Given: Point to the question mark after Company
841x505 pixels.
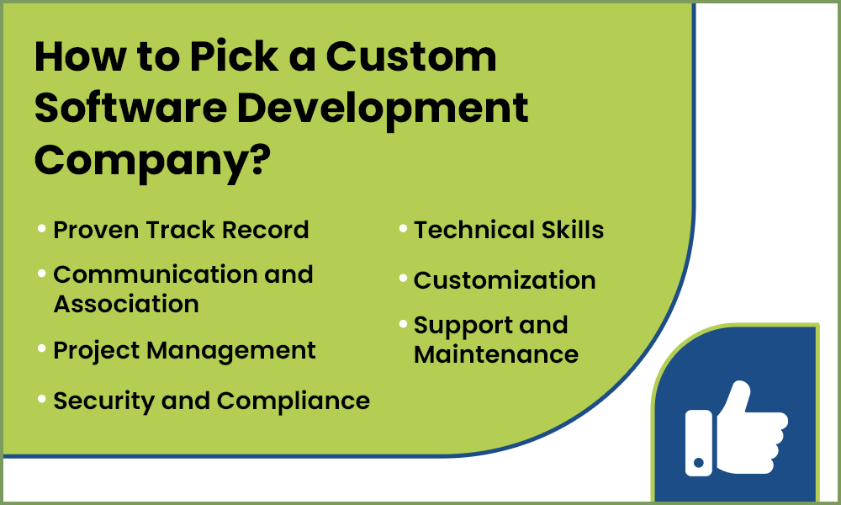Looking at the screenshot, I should click(256, 157).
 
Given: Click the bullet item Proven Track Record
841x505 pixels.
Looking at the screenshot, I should click(181, 230).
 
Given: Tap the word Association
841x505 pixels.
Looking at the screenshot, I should click(126, 303).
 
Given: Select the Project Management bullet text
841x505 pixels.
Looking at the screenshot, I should click(184, 350).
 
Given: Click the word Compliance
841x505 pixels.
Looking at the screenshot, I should click(294, 401).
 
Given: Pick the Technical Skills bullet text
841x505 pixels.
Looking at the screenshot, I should click(509, 230).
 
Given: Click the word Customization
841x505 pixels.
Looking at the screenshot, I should click(505, 280).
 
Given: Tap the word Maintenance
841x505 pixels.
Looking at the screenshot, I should click(496, 354).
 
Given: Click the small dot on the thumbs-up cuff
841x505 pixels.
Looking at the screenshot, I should click(697, 462).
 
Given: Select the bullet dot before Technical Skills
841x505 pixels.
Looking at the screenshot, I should click(403, 228).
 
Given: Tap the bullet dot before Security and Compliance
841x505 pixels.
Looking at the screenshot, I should click(42, 400).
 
